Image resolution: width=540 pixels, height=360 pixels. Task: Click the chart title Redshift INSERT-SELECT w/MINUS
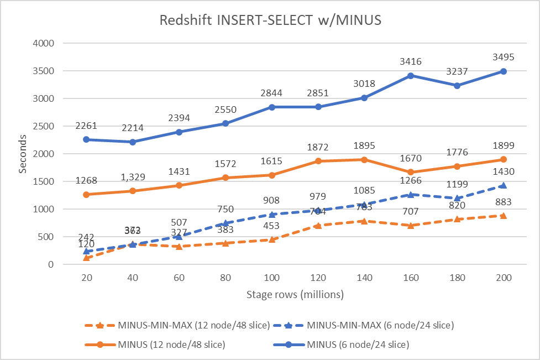pos(270,21)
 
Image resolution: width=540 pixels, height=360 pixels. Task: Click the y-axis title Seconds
pos(23,154)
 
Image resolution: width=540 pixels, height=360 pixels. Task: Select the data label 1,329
pos(133,179)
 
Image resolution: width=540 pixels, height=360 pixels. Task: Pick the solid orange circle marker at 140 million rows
pos(364,160)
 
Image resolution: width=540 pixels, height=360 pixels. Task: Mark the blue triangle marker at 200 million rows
pos(503,186)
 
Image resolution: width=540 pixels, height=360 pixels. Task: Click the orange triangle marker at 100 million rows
pos(271,239)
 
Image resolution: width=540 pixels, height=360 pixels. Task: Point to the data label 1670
pos(411,160)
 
